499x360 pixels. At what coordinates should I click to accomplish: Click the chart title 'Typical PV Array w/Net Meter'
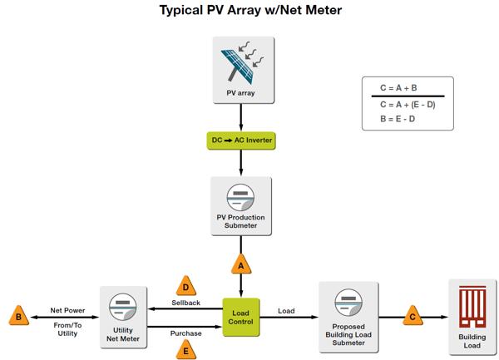coord(249,11)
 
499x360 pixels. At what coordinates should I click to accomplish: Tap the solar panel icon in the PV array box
coord(240,63)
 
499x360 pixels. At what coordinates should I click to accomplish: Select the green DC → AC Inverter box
coord(241,141)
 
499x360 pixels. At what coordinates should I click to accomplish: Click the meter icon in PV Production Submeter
coord(240,198)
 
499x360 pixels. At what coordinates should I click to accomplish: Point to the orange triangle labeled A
coord(241,265)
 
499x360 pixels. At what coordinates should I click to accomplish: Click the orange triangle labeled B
coord(18,317)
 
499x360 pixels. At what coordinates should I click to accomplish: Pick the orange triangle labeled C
coord(413,316)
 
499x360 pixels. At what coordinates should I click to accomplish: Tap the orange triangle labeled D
coord(186,286)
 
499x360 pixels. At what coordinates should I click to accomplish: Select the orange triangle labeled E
coord(186,349)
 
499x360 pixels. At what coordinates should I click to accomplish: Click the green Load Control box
coord(241,317)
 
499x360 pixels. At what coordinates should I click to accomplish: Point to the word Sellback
coord(186,303)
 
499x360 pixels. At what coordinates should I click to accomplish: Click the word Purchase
coord(186,333)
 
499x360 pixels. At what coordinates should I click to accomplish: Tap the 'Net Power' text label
coord(67,310)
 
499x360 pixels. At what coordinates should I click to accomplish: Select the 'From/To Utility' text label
coord(67,329)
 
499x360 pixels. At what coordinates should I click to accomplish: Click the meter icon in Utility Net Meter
coord(123,306)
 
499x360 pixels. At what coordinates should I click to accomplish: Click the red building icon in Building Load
coord(472,308)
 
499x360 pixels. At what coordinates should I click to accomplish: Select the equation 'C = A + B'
coord(398,88)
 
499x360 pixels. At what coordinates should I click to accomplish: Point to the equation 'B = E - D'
coord(398,118)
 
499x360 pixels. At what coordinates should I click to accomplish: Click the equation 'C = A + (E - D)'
coord(408,105)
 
